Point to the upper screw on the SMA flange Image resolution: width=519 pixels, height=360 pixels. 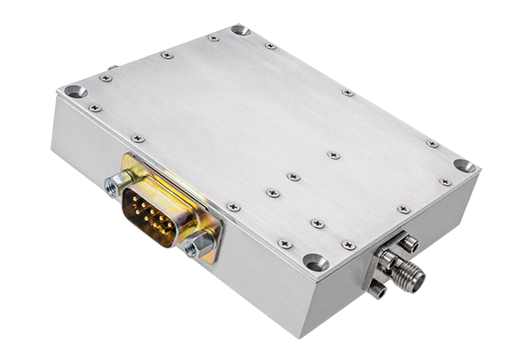409,243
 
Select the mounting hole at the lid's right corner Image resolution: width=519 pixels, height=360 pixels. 464,167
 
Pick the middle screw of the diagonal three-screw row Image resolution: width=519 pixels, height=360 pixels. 292,176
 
